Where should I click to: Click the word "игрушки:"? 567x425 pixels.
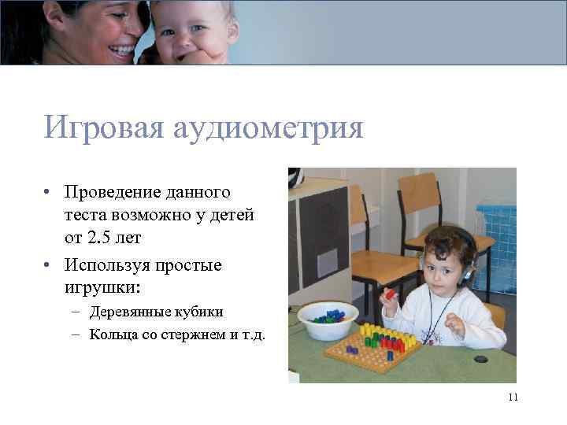103,287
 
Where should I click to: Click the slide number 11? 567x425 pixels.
513,397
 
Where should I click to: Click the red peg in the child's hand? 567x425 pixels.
389,294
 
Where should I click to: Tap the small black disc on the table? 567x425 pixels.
480,359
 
